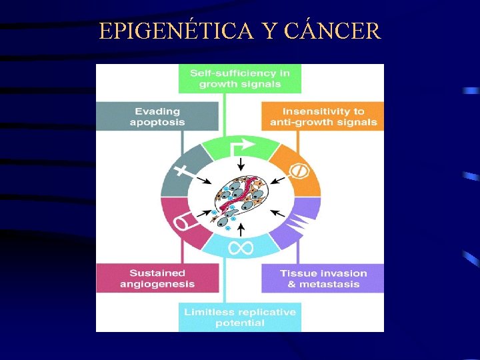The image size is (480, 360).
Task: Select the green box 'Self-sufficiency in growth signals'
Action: pos(240,79)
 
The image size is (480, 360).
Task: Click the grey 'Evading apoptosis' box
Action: pos(157,117)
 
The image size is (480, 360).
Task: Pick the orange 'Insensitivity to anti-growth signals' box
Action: pos(323,117)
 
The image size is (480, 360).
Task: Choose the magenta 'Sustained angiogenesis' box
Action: pos(157,279)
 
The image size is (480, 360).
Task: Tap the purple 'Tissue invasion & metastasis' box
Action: pos(323,279)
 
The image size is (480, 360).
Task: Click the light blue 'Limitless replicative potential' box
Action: pos(240,317)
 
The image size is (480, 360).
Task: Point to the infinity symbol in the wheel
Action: pos(241,249)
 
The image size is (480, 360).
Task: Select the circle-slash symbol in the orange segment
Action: pos(298,171)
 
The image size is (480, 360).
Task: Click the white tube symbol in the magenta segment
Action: pos(183,221)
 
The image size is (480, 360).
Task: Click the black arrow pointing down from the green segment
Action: pos(241,164)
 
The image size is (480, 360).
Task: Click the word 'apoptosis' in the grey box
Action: pos(157,123)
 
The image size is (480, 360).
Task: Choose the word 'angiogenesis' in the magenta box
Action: pos(157,285)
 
